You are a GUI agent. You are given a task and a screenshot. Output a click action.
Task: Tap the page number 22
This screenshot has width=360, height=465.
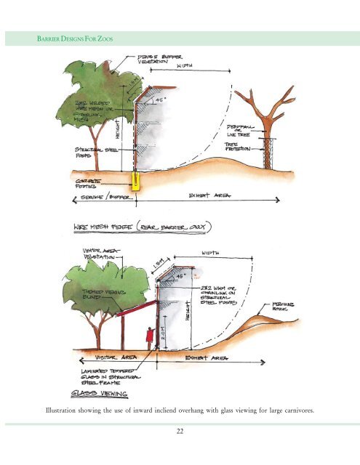[179, 432]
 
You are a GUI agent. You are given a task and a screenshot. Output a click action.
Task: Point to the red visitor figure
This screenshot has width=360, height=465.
[149, 338]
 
